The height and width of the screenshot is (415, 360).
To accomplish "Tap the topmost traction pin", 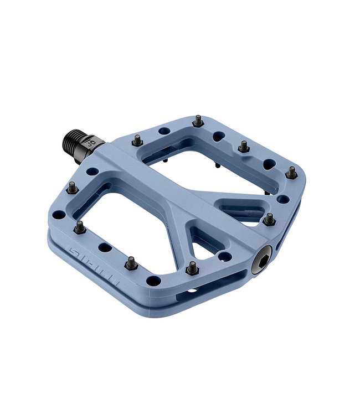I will tap(197, 121).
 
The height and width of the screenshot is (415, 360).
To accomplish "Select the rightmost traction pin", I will tap(291, 172).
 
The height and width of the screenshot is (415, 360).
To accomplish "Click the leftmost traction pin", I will tap(71, 188).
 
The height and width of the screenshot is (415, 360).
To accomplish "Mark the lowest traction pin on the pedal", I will tap(192, 268).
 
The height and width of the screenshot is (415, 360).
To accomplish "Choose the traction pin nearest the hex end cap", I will tap(269, 220).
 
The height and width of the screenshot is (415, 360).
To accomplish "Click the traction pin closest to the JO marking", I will tap(137, 141).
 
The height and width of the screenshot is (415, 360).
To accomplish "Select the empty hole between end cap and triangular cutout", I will tap(224, 256).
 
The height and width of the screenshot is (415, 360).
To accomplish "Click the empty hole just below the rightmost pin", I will tap(284, 199).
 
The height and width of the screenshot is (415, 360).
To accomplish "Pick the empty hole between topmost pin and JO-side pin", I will tap(164, 131).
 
